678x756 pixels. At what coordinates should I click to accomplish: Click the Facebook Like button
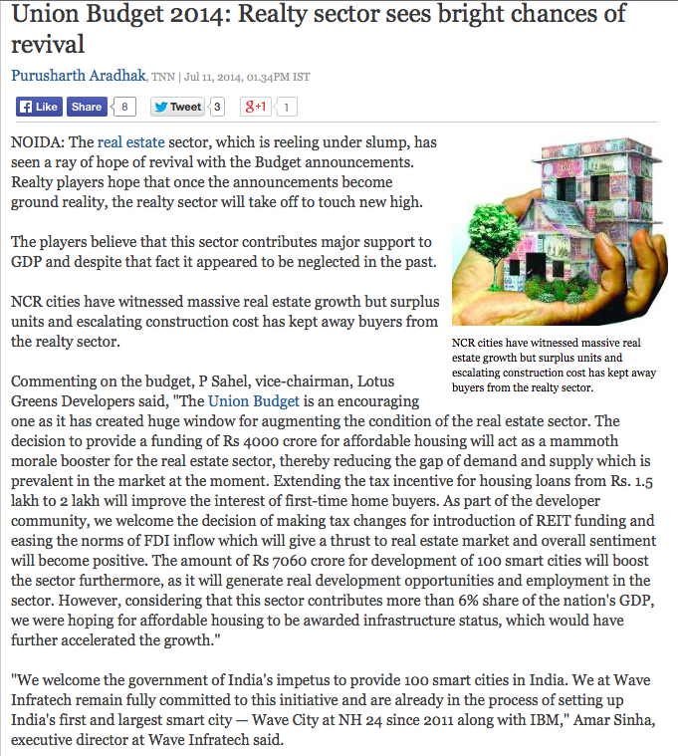(38, 107)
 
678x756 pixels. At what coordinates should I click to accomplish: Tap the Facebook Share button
(87, 107)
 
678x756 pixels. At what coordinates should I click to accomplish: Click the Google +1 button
(256, 107)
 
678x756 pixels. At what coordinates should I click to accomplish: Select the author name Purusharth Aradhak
(79, 76)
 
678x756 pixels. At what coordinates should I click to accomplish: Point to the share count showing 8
(124, 107)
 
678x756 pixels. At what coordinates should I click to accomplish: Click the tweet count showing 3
(218, 107)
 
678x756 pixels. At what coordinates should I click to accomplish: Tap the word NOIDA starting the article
(36, 142)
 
